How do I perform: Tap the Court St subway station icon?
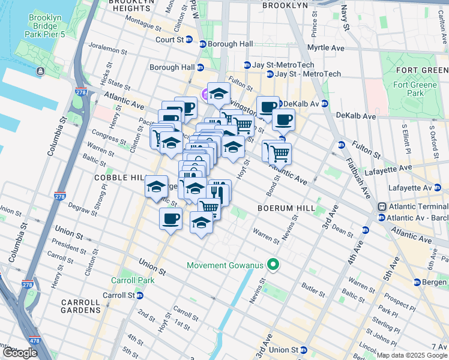click(189, 40)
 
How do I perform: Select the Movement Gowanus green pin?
click(273, 265)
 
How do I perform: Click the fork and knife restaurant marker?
click(218, 192)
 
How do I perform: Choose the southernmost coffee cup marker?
click(170, 218)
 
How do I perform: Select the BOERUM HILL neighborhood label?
click(282, 208)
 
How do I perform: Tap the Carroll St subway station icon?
click(139, 295)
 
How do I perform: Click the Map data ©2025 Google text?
click(411, 355)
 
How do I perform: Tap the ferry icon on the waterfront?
click(40, 71)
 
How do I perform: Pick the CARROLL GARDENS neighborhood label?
click(80, 306)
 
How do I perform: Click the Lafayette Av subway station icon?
click(445, 188)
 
